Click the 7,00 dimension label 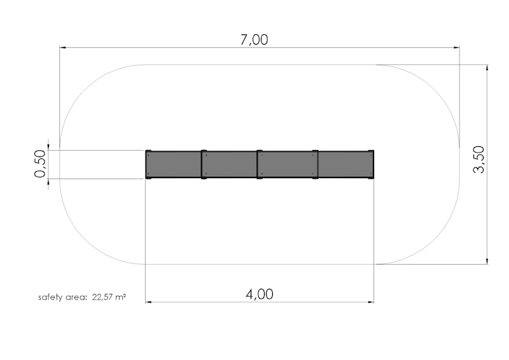(x=254, y=39)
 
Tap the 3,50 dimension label (x=479, y=160)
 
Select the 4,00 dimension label (x=260, y=294)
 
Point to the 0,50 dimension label (x=40, y=163)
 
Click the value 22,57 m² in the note (x=109, y=297)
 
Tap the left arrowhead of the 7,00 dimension (x=63, y=48)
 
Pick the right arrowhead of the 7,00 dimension (x=456, y=48)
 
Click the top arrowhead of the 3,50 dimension (x=487, y=68)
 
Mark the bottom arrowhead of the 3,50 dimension (x=487, y=261)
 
